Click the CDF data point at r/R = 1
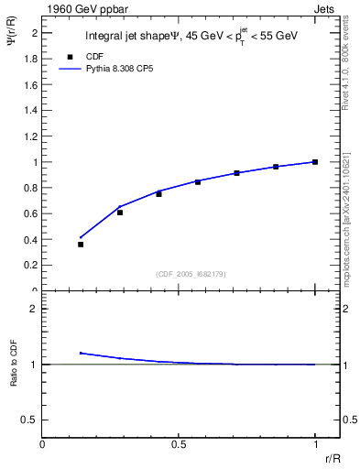click(314, 162)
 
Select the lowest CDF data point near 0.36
click(81, 245)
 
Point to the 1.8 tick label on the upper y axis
click(29, 59)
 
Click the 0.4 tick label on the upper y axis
click(29, 240)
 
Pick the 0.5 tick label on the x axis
click(178, 444)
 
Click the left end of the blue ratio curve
click(81, 353)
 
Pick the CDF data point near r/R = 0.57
click(197, 182)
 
